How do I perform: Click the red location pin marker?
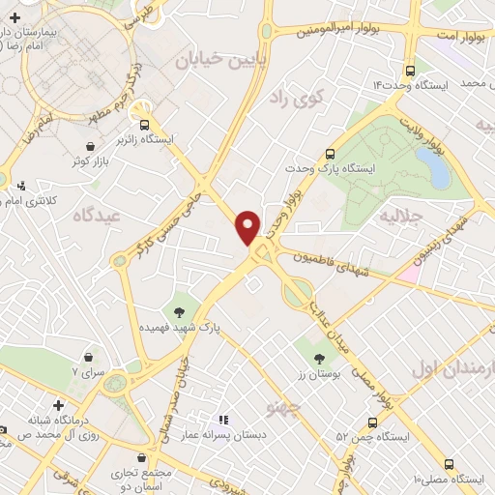click(248, 225)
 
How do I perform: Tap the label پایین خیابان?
click(212, 60)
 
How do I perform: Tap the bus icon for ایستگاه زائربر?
click(145, 124)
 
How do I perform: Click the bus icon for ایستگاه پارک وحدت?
click(331, 153)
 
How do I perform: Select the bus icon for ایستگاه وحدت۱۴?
click(411, 71)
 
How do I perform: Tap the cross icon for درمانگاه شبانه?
click(59, 404)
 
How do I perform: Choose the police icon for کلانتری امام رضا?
click(21, 185)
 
